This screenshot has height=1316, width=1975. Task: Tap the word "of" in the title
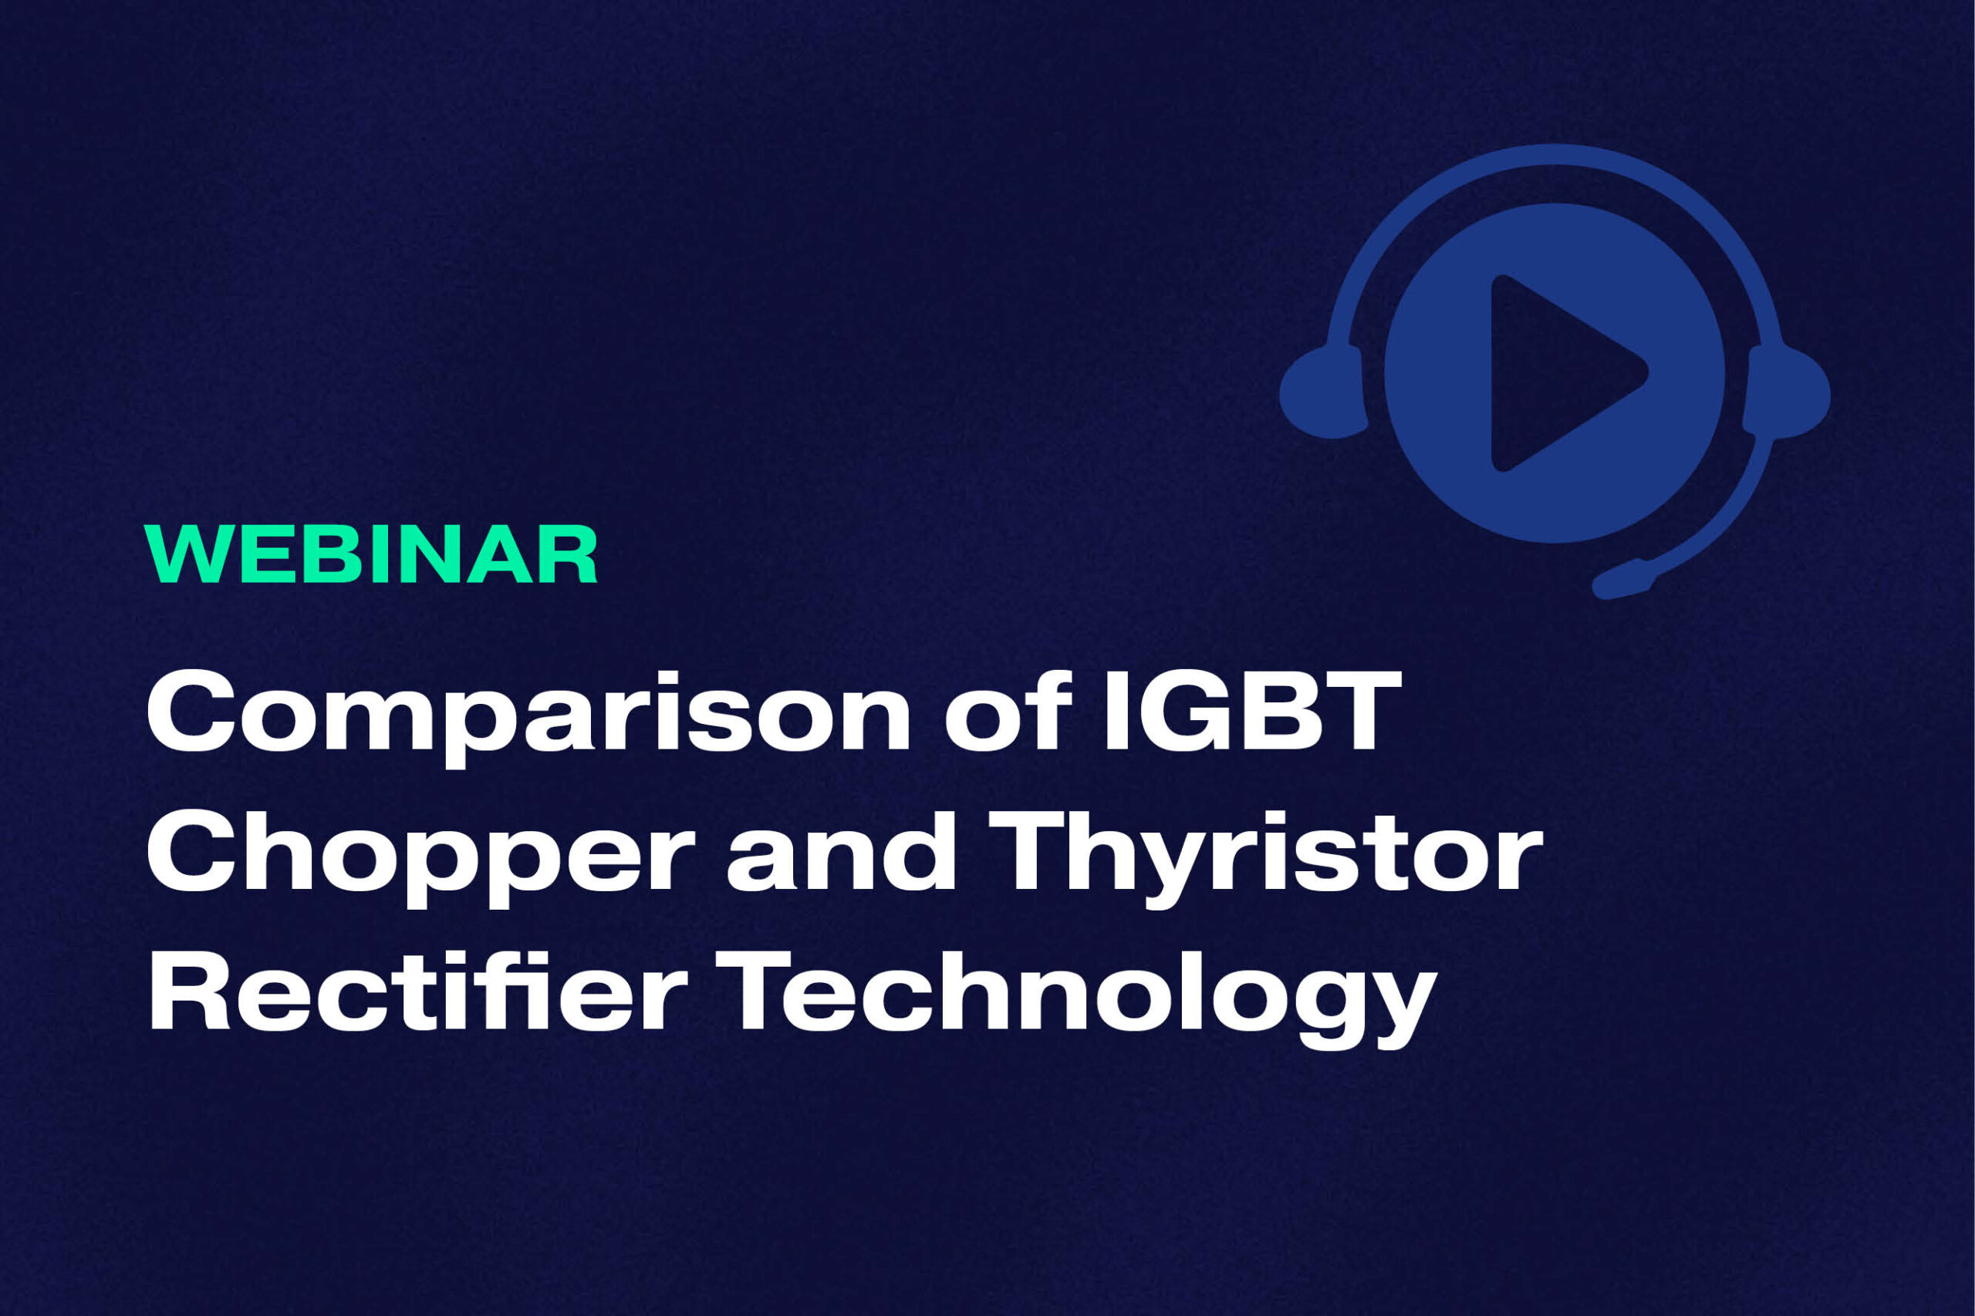pos(1009,712)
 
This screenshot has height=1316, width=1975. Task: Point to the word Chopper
pos(420,853)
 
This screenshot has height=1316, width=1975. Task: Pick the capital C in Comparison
pos(190,712)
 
